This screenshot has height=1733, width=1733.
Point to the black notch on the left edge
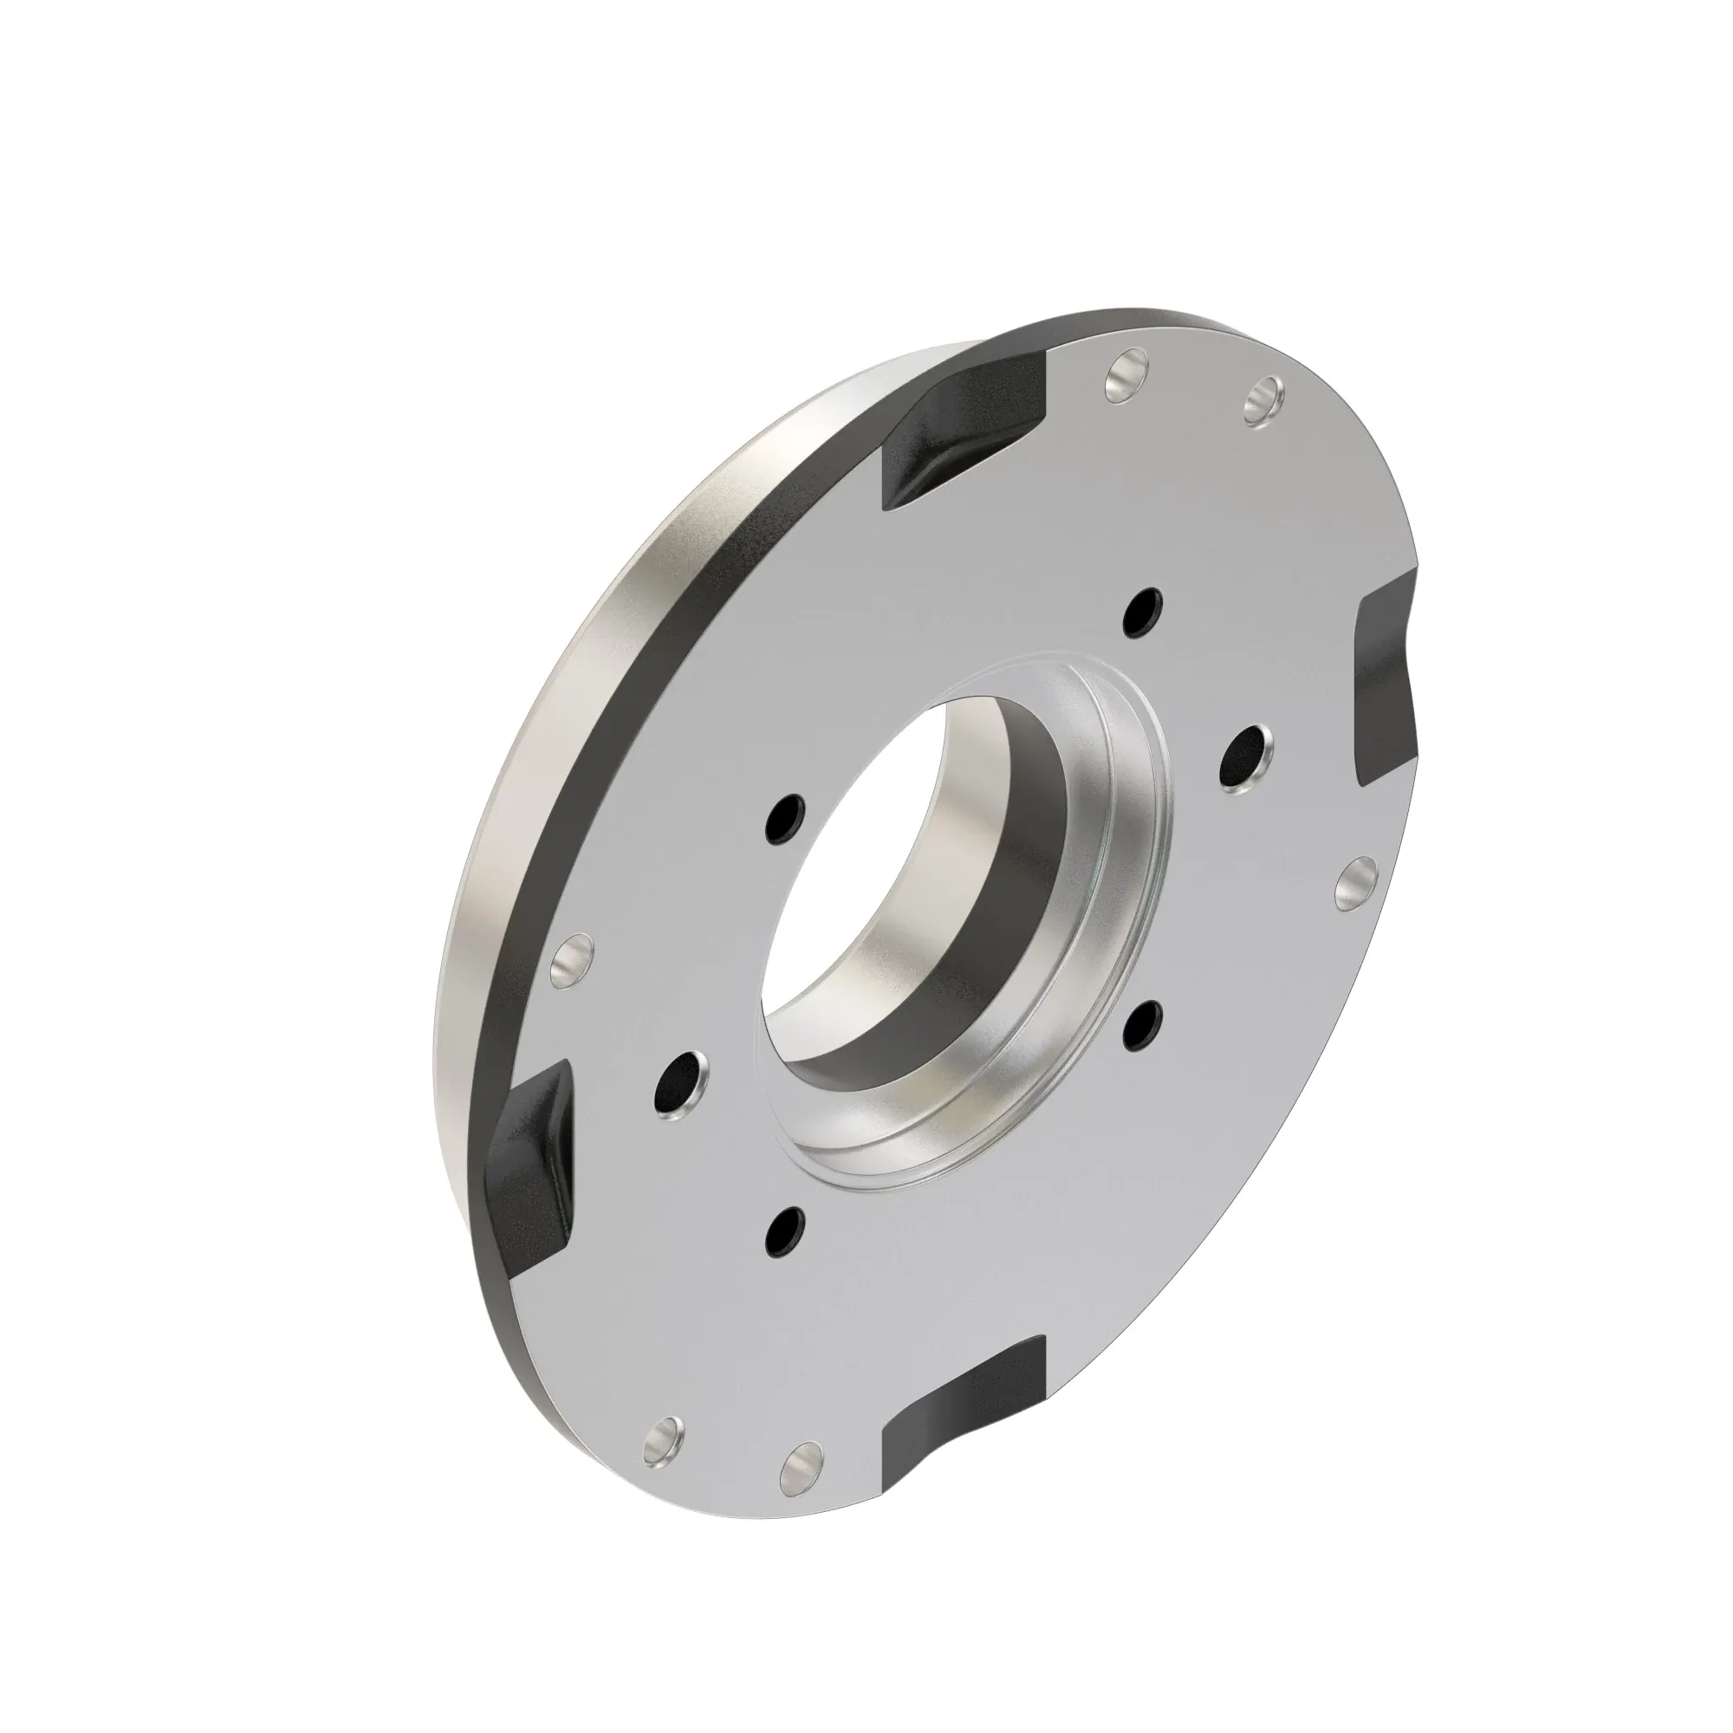coord(529,1144)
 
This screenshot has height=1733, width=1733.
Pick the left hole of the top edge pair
coord(1126,378)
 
